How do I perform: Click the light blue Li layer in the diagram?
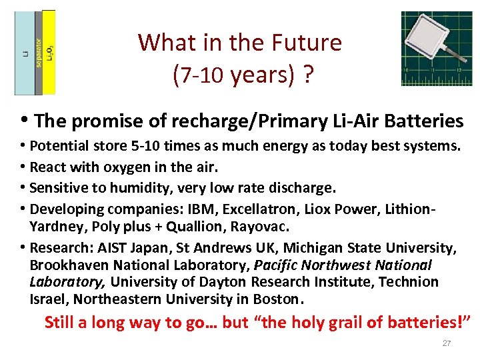coord(24,53)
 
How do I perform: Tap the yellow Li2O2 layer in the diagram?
coord(49,53)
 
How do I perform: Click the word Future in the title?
coord(307,43)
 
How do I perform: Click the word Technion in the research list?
coord(409,282)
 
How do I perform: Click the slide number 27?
coord(447,343)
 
